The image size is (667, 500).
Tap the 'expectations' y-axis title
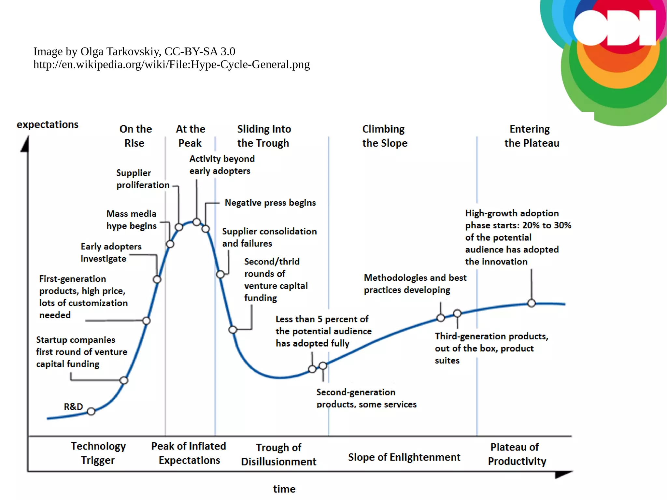(x=48, y=125)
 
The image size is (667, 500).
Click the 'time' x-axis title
(x=284, y=489)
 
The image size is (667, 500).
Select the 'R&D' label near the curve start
(x=73, y=407)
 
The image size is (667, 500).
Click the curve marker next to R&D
(x=91, y=411)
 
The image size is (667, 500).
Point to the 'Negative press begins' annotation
(x=270, y=203)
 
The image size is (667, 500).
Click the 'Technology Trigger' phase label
(x=98, y=453)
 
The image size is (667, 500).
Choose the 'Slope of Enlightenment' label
(x=404, y=457)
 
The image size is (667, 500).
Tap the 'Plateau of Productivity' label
(x=517, y=454)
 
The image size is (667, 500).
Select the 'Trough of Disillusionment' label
(x=278, y=455)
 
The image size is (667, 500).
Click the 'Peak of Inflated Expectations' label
(x=189, y=453)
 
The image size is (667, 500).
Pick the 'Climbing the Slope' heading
(x=384, y=136)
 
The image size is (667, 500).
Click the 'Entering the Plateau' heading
(x=531, y=136)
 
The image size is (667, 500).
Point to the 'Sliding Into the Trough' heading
(x=264, y=136)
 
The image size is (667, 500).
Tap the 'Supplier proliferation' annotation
(x=143, y=179)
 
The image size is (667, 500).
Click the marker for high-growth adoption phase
(x=531, y=303)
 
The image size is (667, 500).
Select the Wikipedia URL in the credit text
(x=171, y=64)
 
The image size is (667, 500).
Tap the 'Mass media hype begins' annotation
(x=131, y=220)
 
